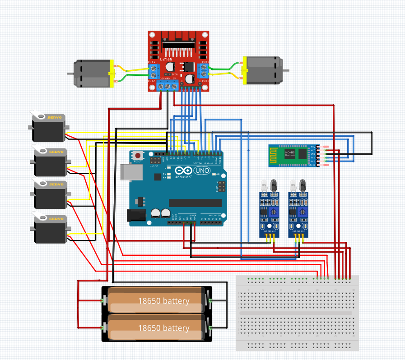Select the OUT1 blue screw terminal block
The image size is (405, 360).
[154, 70]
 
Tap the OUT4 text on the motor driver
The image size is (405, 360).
[205, 62]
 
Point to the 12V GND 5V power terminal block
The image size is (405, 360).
[168, 86]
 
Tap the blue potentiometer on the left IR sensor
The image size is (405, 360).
[273, 210]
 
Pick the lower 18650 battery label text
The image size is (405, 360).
[163, 328]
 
